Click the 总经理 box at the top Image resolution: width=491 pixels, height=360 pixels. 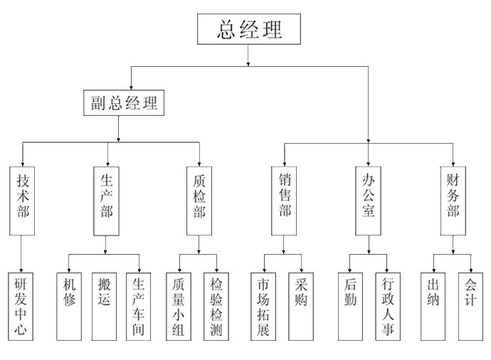(x=249, y=29)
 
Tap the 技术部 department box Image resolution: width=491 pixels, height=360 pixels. (x=23, y=201)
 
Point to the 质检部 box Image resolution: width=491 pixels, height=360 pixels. (x=199, y=201)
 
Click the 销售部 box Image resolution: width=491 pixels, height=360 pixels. (x=284, y=201)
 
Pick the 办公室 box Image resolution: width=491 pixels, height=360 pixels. (x=368, y=201)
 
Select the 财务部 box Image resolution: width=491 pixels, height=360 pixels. (x=453, y=201)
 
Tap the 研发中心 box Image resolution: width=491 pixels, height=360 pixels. (x=23, y=305)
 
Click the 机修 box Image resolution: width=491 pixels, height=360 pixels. (x=68, y=305)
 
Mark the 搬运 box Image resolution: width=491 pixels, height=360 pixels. (x=104, y=305)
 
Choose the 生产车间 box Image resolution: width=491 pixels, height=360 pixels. (x=138, y=305)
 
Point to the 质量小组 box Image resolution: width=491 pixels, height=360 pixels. (x=179, y=305)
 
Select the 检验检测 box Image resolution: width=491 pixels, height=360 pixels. (x=217, y=305)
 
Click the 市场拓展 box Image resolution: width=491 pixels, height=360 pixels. (x=264, y=305)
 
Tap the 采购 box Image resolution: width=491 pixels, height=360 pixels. (x=300, y=305)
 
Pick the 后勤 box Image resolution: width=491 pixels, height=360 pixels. (x=350, y=305)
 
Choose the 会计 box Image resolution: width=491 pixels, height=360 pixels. (x=471, y=305)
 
